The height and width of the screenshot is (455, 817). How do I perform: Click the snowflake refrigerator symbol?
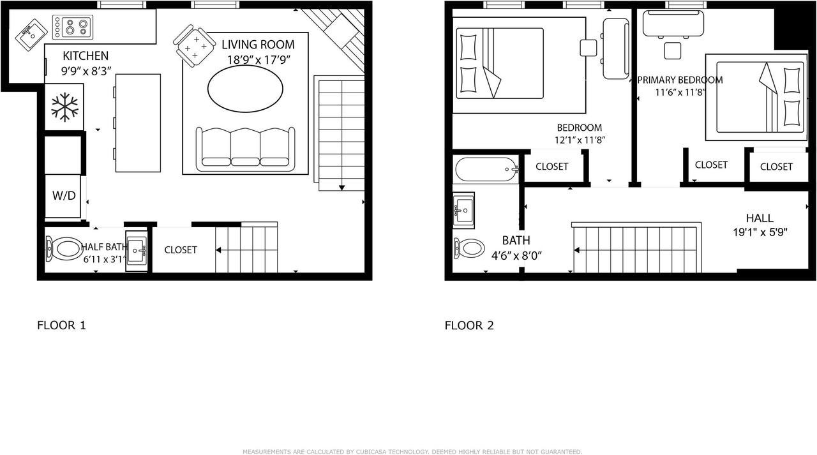pos(64,107)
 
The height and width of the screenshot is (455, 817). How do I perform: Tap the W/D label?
pos(64,196)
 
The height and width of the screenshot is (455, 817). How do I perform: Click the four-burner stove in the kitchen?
pos(72,27)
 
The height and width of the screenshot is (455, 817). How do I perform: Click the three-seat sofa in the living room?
pos(245,149)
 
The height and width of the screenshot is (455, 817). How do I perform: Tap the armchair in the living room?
pos(193,44)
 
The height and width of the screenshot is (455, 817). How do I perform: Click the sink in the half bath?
pos(137,250)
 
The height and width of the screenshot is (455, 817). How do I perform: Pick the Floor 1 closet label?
pos(181,250)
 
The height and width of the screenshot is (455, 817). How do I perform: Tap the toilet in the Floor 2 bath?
pos(470,248)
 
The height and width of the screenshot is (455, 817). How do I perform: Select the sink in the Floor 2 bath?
pos(463,209)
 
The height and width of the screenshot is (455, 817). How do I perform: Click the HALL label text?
pos(759,218)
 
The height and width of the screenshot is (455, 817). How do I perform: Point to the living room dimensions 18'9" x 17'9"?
pos(259,61)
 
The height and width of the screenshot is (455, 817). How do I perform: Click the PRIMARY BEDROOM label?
pos(680,80)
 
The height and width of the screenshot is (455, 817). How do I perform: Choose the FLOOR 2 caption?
pos(469,325)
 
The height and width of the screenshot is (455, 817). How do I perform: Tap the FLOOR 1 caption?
pos(61,325)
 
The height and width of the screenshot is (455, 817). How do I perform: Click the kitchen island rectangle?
pos(138,123)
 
